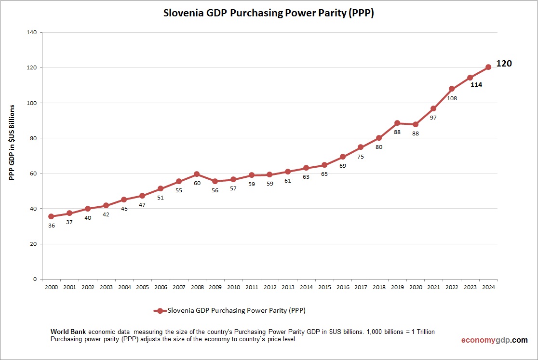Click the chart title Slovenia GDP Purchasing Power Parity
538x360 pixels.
click(269, 13)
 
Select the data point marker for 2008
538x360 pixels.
click(197, 173)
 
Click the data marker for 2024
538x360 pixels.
click(488, 67)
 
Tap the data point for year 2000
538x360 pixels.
click(51, 216)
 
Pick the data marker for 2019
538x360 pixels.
click(397, 123)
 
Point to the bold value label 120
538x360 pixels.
click(504, 64)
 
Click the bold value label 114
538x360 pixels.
click(476, 85)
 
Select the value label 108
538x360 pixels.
click(452, 98)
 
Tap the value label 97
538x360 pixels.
click(433, 118)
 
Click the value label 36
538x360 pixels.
click(51, 226)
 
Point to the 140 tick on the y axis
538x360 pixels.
click(32, 32)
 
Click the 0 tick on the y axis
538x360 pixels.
click(35, 279)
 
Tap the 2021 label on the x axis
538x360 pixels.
click(433, 287)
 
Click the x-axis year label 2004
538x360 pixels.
click(124, 287)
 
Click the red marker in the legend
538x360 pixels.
click(160, 311)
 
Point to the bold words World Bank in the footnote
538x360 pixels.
click(68, 333)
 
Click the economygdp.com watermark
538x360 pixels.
click(494, 340)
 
